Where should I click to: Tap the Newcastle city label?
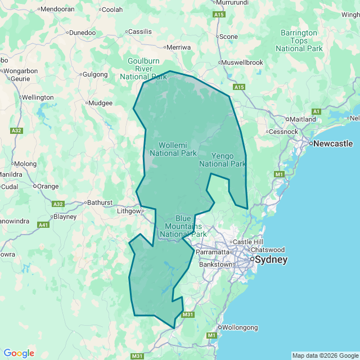pos(333,143)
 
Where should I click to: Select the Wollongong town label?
pos(240,327)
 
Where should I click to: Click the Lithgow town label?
pos(127,211)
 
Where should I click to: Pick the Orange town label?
pos(48,186)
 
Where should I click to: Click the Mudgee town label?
pos(101,103)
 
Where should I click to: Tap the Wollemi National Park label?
pos(173,149)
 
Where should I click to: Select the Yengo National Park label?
pos(223,160)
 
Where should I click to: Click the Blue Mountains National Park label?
pos(183,226)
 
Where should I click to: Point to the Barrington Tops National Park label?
pos(299,40)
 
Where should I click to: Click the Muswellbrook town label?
pos(242,62)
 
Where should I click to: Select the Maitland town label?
pos(303,119)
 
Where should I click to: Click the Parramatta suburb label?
pos(213,252)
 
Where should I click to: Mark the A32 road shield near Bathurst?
pos(58,204)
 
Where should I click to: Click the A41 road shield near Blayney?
pos(43,225)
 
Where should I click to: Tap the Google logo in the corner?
pos(19,353)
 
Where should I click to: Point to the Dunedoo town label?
pos(82,33)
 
